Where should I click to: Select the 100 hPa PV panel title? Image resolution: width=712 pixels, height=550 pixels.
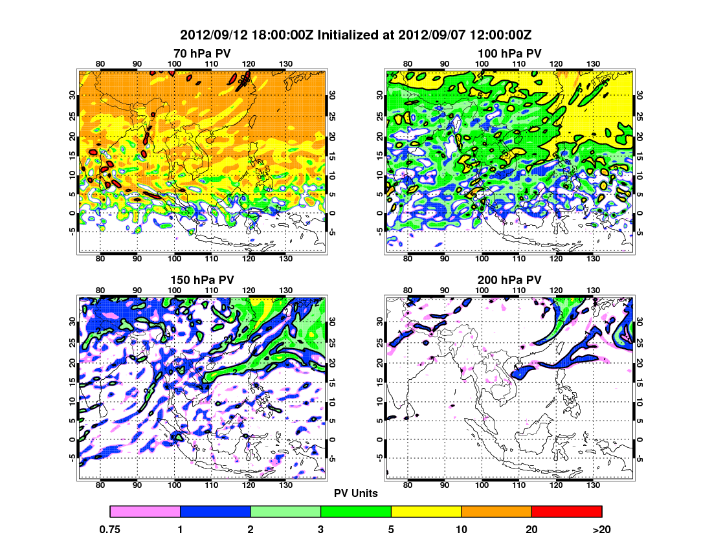(509, 53)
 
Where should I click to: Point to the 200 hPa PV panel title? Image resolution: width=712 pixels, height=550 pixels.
(509, 280)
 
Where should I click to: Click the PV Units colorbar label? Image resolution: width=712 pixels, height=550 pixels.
(356, 493)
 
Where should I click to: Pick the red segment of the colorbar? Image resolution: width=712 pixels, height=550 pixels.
(566, 511)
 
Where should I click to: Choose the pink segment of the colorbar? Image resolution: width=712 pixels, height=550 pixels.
(145, 511)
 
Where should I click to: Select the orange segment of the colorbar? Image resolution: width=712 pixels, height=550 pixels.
(496, 511)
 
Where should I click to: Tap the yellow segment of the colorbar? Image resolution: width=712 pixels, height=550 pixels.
(426, 511)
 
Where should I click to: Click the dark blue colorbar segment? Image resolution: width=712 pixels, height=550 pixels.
(215, 511)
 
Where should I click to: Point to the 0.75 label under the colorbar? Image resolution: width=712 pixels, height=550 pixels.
(110, 529)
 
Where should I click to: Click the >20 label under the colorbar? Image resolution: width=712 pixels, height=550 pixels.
(602, 529)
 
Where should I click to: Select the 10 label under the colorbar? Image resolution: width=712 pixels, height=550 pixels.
(462, 529)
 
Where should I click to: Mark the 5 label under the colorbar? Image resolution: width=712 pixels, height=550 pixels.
(391, 529)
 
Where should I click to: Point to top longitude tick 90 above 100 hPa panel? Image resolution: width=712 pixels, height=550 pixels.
(445, 63)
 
